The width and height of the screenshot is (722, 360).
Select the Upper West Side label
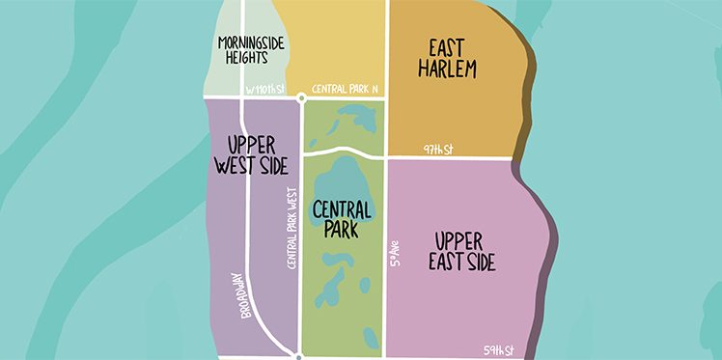point(248,155)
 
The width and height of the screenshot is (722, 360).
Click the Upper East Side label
point(465,251)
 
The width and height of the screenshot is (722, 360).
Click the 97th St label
point(438,149)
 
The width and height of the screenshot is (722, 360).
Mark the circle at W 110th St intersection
point(301,97)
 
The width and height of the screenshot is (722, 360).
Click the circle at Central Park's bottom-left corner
point(299,357)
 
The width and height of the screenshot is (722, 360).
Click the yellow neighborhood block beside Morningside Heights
point(328,43)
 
